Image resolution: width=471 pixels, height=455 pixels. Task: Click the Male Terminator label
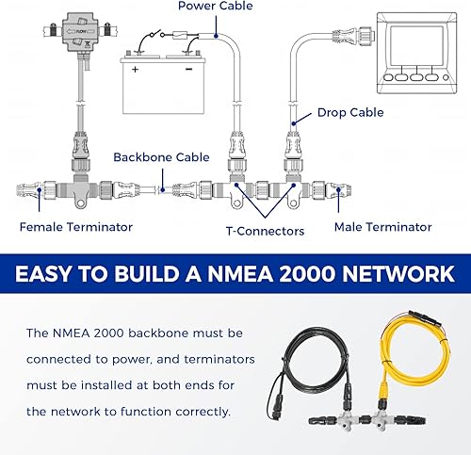point(383,226)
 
